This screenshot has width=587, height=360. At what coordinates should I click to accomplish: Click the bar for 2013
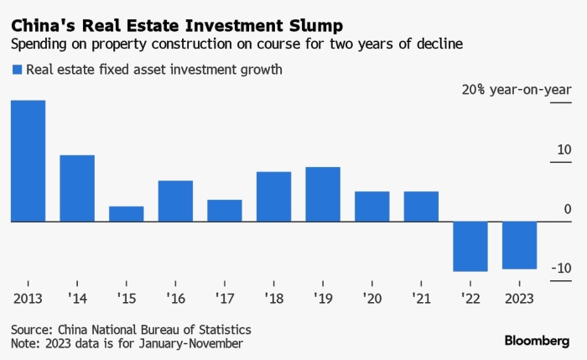pyautogui.click(x=28, y=160)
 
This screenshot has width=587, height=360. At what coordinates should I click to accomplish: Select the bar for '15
pyautogui.click(x=127, y=213)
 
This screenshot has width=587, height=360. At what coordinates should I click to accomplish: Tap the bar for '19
pyautogui.click(x=323, y=194)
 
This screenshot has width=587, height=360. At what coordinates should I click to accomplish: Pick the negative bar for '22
pyautogui.click(x=470, y=246)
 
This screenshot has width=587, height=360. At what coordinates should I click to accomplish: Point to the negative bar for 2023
pyautogui.click(x=520, y=245)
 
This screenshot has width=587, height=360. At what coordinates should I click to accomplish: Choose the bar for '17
pyautogui.click(x=225, y=210)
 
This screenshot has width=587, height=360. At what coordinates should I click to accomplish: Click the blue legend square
pyautogui.click(x=16, y=70)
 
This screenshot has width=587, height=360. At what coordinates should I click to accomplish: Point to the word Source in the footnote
pyautogui.click(x=31, y=329)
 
